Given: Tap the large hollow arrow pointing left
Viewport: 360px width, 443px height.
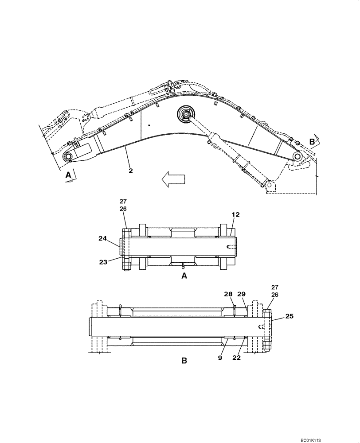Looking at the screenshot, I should [x=173, y=180].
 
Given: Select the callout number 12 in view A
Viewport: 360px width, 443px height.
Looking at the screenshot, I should [x=235, y=214].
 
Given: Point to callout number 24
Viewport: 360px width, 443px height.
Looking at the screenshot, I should [x=103, y=238].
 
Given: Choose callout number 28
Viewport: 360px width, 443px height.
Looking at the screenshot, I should [x=228, y=294].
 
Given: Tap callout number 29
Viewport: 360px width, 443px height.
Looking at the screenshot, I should [x=241, y=294].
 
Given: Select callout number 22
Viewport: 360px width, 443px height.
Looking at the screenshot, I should [x=237, y=358].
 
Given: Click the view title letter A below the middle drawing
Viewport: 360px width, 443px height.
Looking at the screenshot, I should [x=184, y=276].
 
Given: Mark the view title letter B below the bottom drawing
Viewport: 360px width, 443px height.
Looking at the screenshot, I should [x=184, y=361].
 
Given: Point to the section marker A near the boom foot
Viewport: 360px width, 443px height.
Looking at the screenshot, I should [x=68, y=175].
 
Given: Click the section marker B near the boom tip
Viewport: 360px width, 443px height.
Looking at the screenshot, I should [x=312, y=142].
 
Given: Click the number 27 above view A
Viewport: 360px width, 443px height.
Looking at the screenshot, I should [x=123, y=201].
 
